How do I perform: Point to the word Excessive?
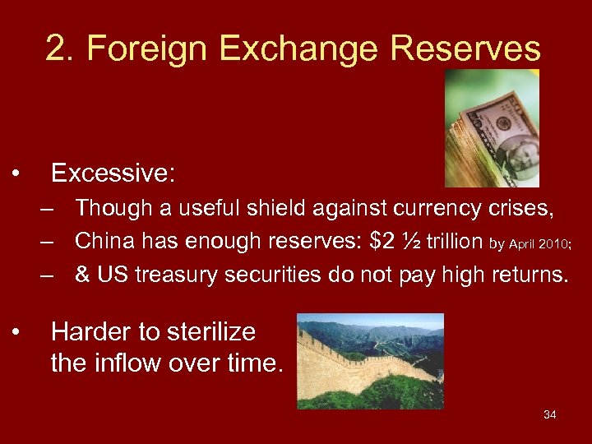[113, 173]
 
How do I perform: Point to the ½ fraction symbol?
[416, 241]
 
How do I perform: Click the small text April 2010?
[543, 243]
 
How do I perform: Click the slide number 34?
[549, 414]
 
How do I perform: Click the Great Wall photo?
[370, 361]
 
